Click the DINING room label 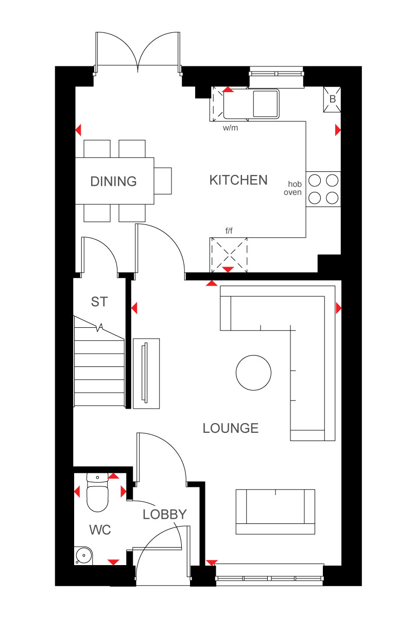[113, 181]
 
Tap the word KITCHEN [238, 180]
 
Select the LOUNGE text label [231, 428]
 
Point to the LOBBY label [165, 514]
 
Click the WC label [100, 530]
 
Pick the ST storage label [99, 302]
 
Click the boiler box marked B [332, 99]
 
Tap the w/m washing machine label [230, 128]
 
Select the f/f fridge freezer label [229, 231]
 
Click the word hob [295, 184]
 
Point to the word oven [292, 192]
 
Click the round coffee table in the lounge [253, 373]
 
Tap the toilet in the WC [97, 493]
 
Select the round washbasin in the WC [83, 555]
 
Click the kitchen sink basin [265, 103]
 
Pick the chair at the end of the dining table [163, 181]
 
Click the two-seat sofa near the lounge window [275, 512]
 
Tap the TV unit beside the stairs [146, 374]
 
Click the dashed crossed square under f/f [229, 255]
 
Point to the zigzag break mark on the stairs [99, 327]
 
